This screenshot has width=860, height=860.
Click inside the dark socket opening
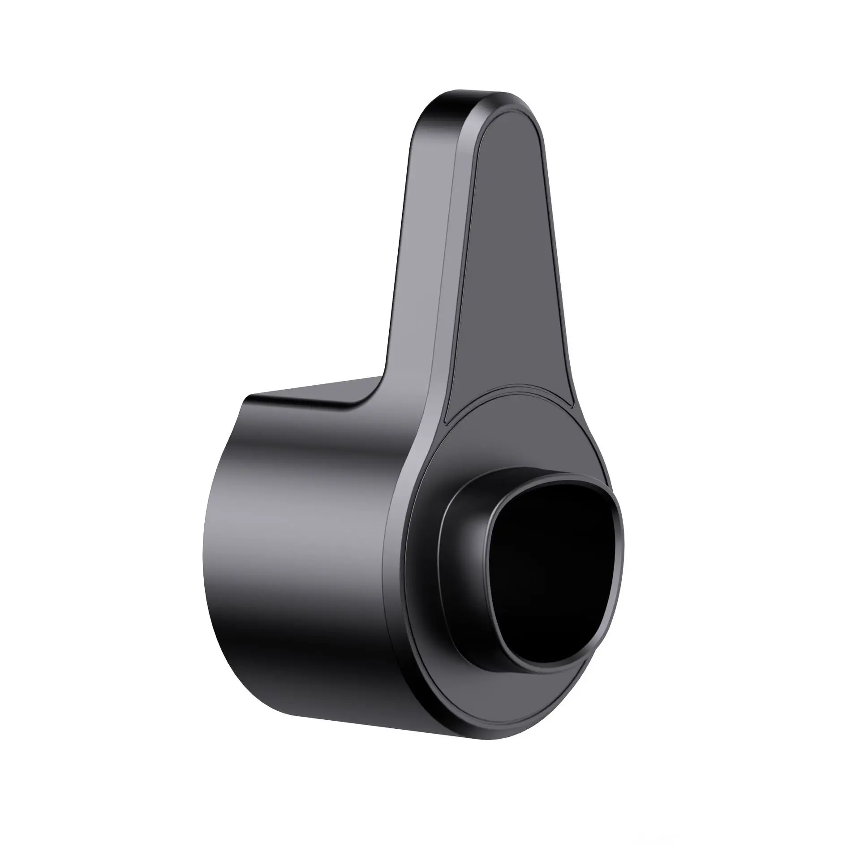(549, 578)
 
